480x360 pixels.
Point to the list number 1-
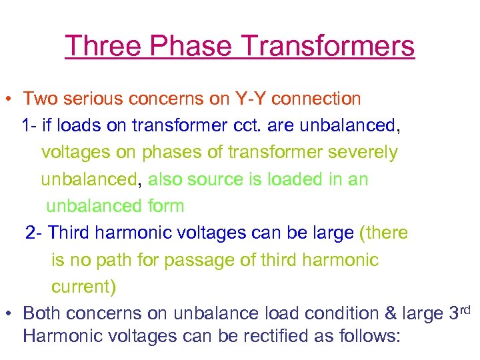(x=30, y=126)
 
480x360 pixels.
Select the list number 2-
(x=35, y=233)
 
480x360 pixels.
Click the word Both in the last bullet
(x=42, y=314)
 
